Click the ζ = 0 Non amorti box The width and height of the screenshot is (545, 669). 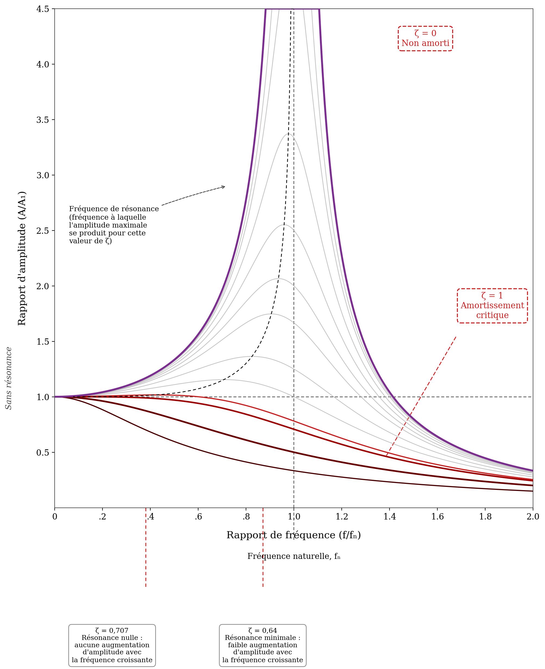pos(425,38)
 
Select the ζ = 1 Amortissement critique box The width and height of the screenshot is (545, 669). pos(492,306)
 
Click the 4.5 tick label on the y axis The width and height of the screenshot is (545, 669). pos(43,9)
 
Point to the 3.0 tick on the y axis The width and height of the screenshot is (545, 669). pos(43,175)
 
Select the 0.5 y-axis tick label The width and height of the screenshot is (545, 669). pos(43,452)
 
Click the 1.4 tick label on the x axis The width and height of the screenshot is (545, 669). pos(390,517)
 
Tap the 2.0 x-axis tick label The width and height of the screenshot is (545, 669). pos(533,517)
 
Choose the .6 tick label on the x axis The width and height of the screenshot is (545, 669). pos(198,517)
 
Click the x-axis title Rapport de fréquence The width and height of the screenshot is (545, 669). pos(294,535)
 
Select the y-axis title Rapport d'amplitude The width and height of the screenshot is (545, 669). pos(22,258)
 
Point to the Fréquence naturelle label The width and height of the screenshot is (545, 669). pos(294,556)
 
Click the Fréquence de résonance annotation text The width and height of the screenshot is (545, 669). pos(114,225)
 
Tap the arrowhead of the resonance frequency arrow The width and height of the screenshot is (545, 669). pos(224,187)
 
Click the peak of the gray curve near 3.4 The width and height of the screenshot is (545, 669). pos(288,134)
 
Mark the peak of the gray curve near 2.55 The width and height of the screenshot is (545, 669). pos(284,225)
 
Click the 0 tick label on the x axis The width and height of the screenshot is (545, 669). pos(55,517)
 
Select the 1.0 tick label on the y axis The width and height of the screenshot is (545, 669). pos(43,397)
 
